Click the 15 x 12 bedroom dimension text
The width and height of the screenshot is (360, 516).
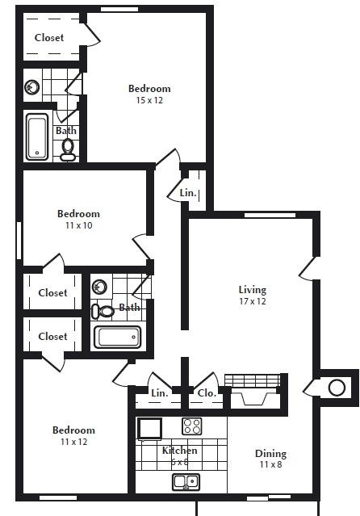[149, 100]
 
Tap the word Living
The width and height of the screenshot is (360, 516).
[252, 290]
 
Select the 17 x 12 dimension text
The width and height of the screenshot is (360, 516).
[252, 301]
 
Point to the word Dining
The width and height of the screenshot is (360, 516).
[270, 454]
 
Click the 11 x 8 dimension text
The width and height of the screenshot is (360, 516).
[270, 465]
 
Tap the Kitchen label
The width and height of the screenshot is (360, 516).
[179, 451]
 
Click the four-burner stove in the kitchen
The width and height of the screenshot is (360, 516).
[192, 426]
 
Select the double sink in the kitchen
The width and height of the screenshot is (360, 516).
[185, 482]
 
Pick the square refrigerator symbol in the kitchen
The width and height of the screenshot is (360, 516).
[150, 428]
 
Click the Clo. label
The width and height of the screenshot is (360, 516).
[206, 393]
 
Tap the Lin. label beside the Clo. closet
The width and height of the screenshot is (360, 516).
[159, 393]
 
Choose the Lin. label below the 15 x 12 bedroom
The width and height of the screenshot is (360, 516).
[187, 193]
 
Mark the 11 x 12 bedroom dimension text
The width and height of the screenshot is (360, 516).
[74, 442]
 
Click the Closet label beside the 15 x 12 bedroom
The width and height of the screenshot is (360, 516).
[48, 37]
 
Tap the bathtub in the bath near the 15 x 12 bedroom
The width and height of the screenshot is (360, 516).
[37, 138]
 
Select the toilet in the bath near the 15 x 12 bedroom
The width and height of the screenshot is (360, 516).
[68, 148]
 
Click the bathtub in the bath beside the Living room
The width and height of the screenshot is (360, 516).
[117, 337]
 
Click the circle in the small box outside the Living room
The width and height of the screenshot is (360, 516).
[337, 388]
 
